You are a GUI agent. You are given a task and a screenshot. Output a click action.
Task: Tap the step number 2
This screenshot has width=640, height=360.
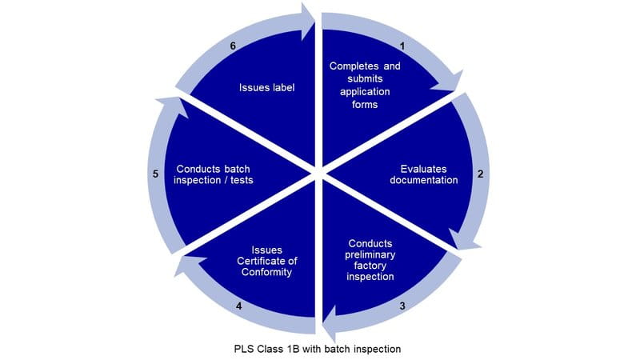tap(478, 173)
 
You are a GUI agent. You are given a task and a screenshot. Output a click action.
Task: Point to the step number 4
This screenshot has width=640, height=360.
tap(239, 305)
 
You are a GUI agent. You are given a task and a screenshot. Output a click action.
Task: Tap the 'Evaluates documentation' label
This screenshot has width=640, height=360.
tap(424, 174)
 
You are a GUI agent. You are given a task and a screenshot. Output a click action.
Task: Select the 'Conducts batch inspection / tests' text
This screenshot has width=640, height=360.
tap(218, 174)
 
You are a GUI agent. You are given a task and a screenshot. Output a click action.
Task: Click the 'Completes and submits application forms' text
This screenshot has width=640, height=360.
tap(365, 85)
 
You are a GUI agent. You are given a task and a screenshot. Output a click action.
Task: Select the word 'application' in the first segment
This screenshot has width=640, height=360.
tap(365, 91)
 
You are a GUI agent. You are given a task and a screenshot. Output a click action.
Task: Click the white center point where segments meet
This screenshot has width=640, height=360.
tap(319, 172)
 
